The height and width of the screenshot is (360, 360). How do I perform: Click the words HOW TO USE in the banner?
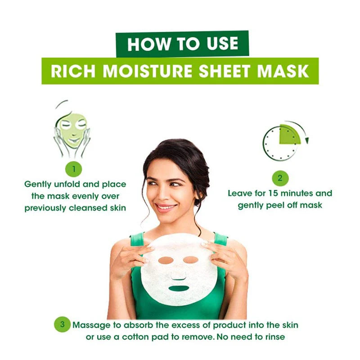(x=183, y=44)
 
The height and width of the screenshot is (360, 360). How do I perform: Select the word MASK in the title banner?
(x=283, y=71)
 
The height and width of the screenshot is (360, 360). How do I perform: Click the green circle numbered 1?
(x=74, y=169)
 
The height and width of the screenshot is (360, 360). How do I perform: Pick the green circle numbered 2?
(x=280, y=178)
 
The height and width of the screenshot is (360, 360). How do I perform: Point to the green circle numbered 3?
(x=62, y=324)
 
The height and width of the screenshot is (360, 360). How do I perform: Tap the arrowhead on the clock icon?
(x=307, y=140)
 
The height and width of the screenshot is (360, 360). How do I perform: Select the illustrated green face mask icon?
(x=72, y=130)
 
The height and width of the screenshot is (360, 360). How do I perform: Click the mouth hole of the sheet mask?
(x=178, y=288)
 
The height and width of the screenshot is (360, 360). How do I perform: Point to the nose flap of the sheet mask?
(x=178, y=276)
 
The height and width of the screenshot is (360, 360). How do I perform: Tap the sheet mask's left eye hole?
(x=166, y=261)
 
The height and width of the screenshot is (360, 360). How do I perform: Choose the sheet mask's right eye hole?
(x=191, y=260)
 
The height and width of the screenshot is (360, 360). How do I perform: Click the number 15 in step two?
(x=273, y=193)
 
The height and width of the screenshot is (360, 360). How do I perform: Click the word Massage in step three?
(x=92, y=325)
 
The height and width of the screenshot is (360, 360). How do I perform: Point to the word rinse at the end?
(x=275, y=337)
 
